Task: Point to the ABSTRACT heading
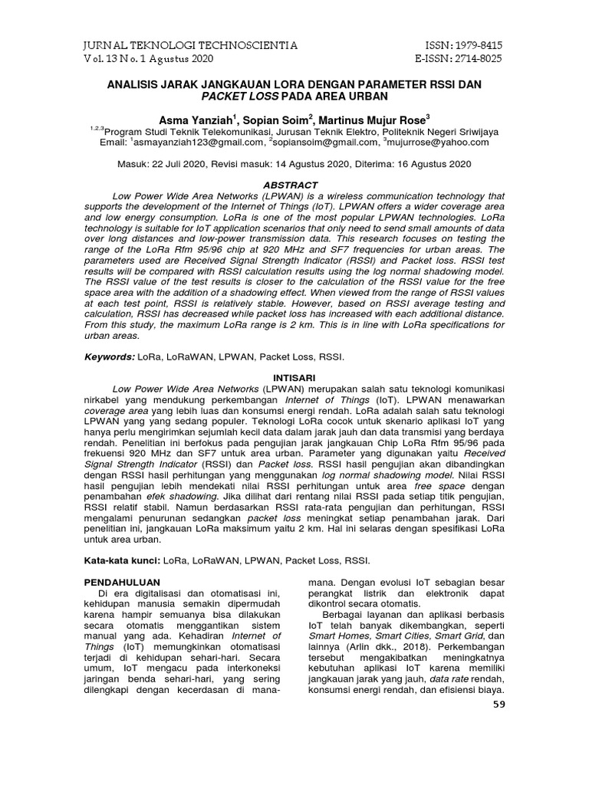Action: click(x=290, y=186)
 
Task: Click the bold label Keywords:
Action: click(x=110, y=357)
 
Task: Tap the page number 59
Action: click(x=498, y=705)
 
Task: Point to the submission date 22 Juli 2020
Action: click(x=191, y=164)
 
